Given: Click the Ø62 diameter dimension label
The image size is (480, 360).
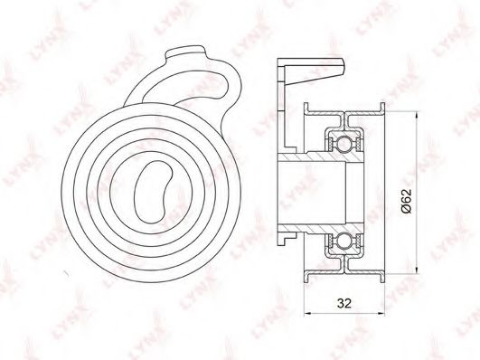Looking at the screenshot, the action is pos(406,201).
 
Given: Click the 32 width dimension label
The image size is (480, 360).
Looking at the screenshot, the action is pos(344,303).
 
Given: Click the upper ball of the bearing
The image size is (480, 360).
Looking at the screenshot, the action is pos(344,144).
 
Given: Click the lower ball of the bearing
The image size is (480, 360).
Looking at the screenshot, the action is pos(344,240).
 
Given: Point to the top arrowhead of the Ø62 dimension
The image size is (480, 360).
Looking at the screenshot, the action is pos(417,115).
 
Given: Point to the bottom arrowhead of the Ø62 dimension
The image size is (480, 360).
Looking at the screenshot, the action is pos(417,269).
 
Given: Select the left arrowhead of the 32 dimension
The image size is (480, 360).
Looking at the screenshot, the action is pos(307,314).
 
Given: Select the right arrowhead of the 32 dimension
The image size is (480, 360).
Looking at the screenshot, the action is pos(381,314).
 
